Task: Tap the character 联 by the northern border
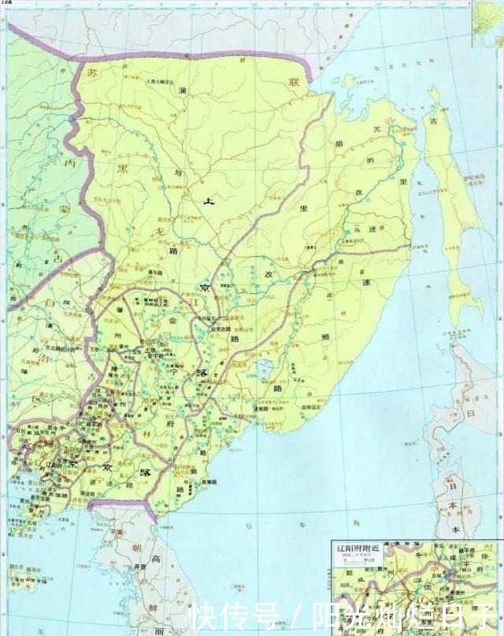[x=295, y=82]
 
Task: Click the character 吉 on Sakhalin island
[x=432, y=121]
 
